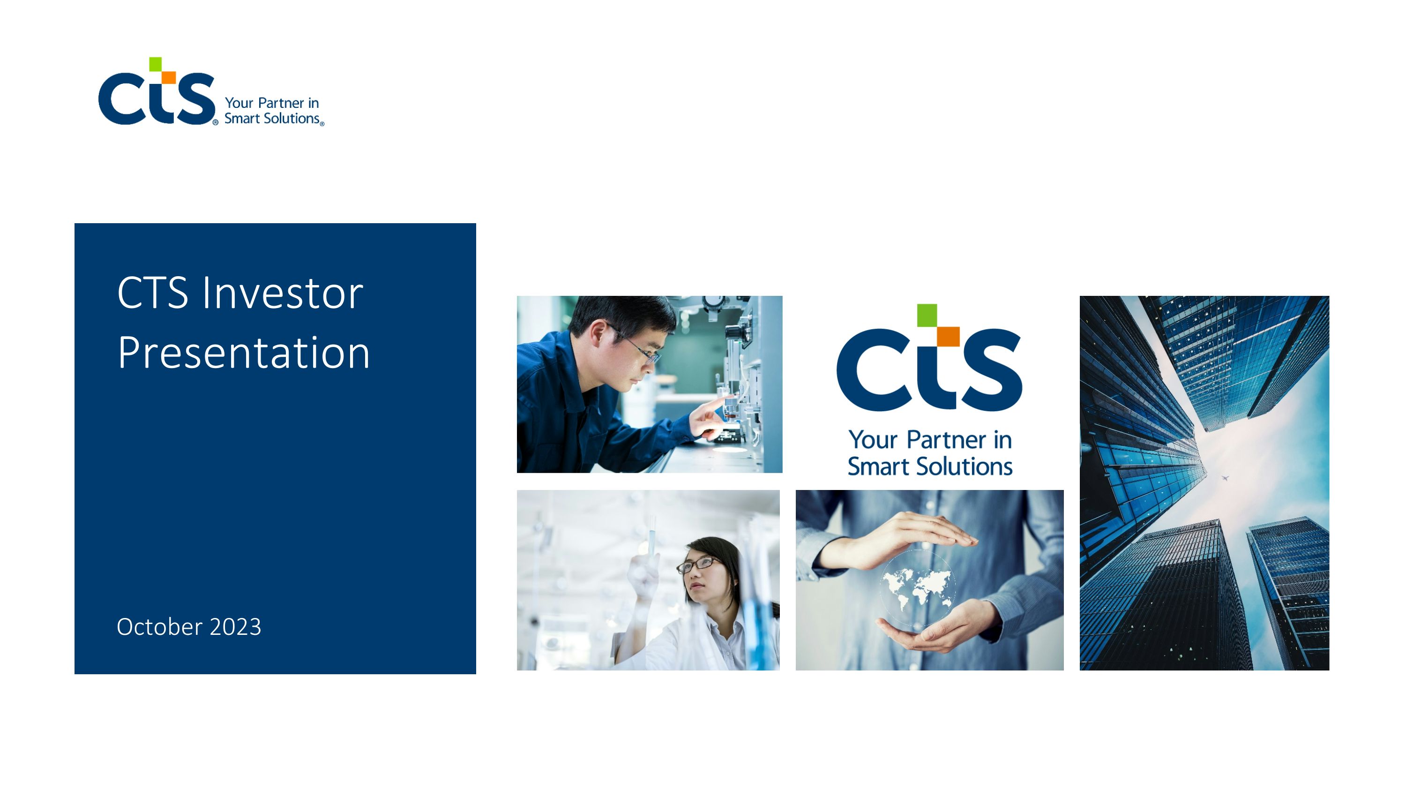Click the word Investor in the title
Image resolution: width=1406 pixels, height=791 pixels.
click(282, 294)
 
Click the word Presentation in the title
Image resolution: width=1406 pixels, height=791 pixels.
click(243, 353)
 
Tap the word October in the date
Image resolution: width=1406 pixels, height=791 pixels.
click(159, 627)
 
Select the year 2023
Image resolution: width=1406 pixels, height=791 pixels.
click(235, 627)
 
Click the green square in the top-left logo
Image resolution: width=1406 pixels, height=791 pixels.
click(156, 64)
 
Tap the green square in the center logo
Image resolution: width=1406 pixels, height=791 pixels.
click(927, 316)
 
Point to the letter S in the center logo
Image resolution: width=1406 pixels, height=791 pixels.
click(994, 369)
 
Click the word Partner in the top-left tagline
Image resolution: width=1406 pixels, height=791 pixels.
click(281, 103)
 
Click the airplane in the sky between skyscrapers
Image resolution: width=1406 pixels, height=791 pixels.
click(1225, 478)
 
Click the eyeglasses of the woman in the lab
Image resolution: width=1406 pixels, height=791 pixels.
click(696, 564)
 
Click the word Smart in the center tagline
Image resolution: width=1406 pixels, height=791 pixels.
click(878, 467)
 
